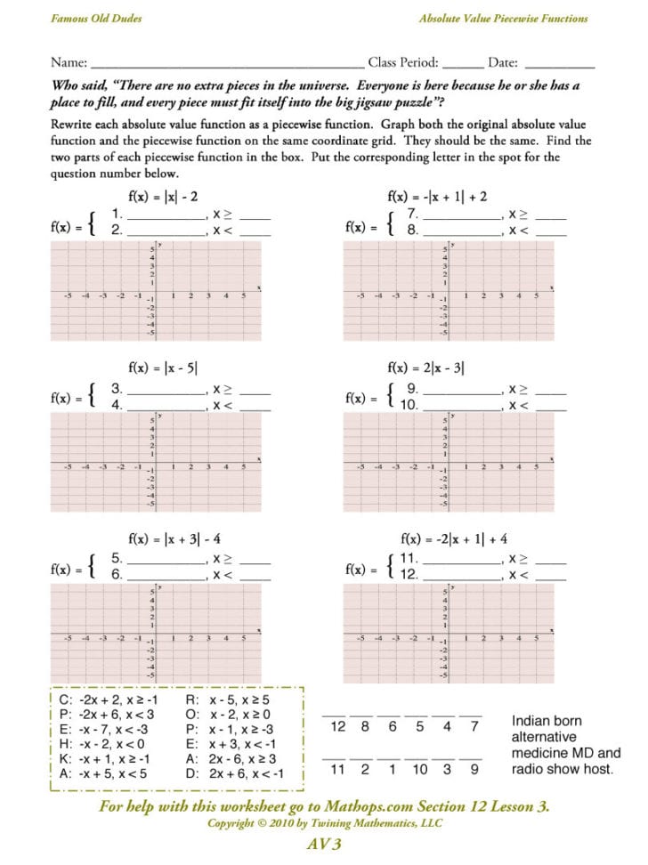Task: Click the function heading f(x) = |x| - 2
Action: tap(163, 197)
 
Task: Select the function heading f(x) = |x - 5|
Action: tap(163, 366)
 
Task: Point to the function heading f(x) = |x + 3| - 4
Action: tap(174, 538)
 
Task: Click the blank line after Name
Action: tap(226, 64)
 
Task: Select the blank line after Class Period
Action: tap(462, 64)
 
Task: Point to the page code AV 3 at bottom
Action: tap(323, 844)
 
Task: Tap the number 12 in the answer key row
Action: tap(337, 727)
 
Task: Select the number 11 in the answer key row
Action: tap(337, 769)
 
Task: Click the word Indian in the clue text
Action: tap(531, 720)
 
